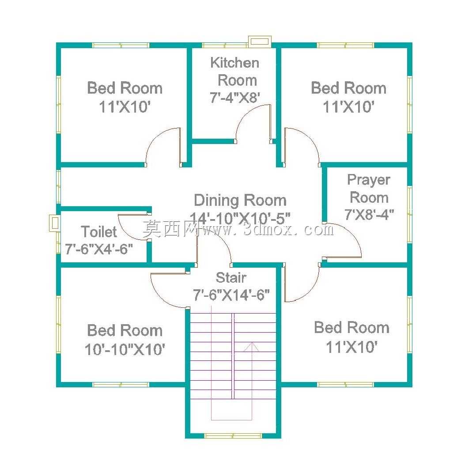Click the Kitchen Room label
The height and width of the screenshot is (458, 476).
coord(235,72)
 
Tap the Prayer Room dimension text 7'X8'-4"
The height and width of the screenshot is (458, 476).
coord(369,214)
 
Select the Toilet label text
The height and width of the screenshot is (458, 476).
coord(99,232)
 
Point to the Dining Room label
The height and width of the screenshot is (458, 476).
coord(240,201)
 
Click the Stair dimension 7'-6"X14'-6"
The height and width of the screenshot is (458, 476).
coord(231,295)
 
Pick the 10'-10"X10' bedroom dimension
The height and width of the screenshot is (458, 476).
coord(125,349)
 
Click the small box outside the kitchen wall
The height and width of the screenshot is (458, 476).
coord(260,42)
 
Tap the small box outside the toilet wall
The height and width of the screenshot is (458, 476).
coord(54,223)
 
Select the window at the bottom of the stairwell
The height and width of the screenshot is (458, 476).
coord(233,436)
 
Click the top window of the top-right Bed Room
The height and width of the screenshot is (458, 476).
coord(345,45)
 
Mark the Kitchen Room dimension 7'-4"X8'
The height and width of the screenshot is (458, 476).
coord(235,98)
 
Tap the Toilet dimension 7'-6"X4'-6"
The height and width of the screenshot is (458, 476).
coord(99,249)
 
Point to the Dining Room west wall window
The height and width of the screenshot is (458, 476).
coord(59,186)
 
